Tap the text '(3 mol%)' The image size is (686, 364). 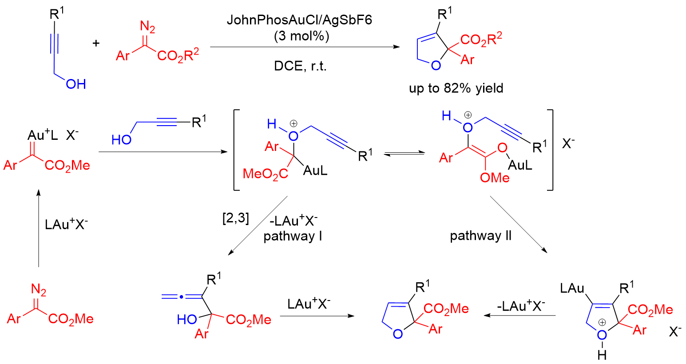click(301, 36)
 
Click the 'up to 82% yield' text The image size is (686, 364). click(456, 88)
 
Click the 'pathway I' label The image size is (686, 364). click(293, 236)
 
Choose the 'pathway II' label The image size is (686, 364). click(480, 236)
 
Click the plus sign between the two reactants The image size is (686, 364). click(96, 43)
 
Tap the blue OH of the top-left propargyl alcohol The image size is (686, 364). click(75, 84)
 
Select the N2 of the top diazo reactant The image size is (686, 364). click(147, 28)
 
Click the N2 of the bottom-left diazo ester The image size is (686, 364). click(39, 290)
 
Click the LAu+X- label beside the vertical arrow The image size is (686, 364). click(66, 224)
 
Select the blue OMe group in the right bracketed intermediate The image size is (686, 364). click(495, 178)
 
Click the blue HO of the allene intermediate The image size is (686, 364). click(186, 319)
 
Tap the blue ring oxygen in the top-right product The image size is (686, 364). click(436, 66)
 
